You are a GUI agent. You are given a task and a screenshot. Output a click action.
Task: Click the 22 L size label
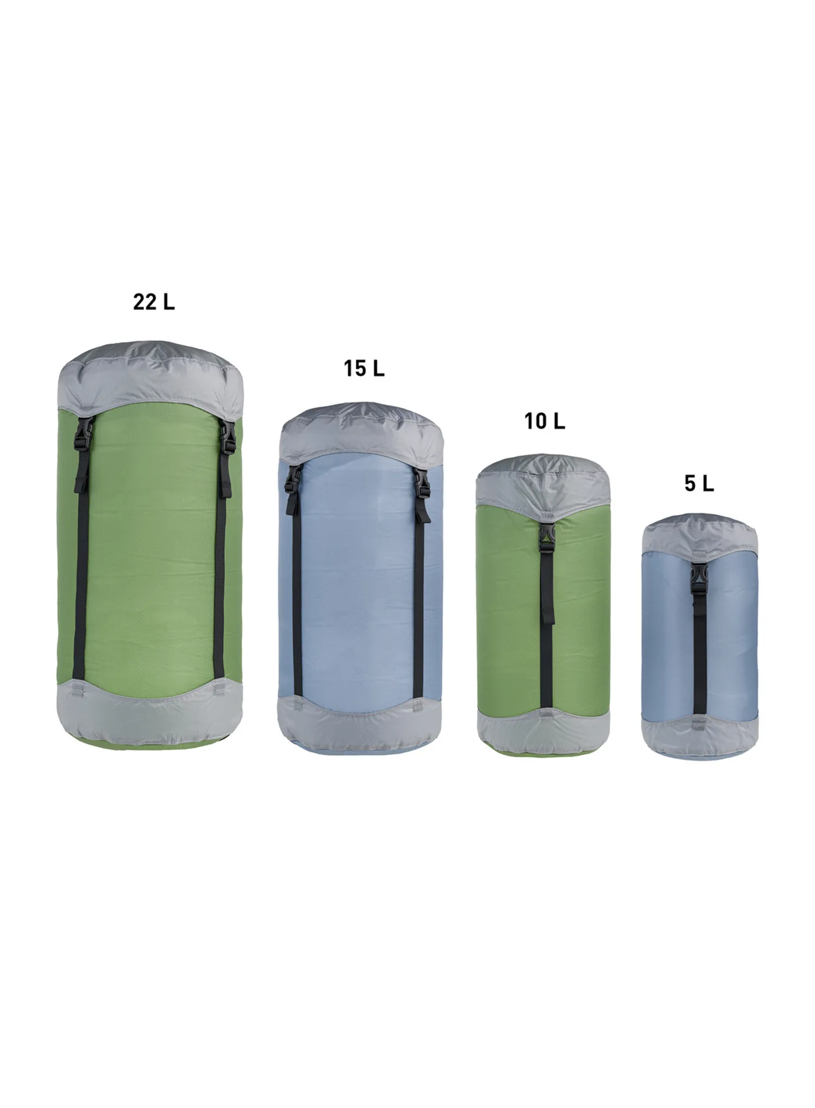tap(154, 302)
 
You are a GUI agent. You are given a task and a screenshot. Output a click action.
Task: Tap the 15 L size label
tap(364, 369)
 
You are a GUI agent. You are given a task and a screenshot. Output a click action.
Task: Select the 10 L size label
tap(545, 421)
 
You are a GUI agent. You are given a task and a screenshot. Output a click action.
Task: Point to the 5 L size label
tap(699, 483)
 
